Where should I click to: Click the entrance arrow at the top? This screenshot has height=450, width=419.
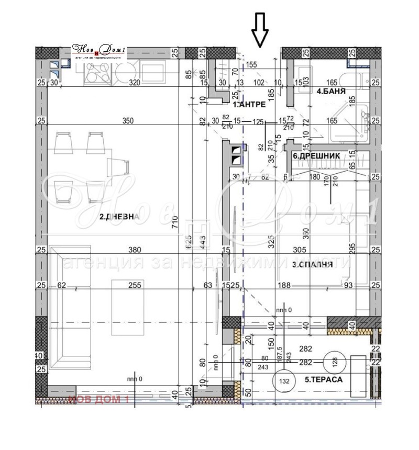(260, 30)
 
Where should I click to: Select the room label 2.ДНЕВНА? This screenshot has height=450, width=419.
(119, 217)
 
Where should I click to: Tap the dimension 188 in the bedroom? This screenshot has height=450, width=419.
(283, 285)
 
